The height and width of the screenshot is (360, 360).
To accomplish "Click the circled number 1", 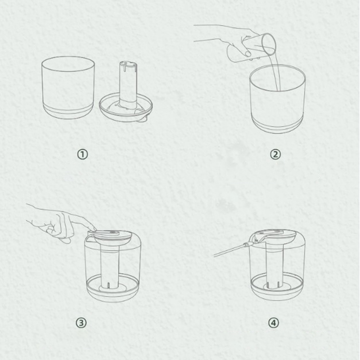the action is click(x=82, y=154).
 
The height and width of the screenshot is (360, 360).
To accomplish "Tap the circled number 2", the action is click(x=275, y=154).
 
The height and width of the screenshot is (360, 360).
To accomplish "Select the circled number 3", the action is click(x=81, y=323).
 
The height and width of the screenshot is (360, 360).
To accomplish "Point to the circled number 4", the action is click(x=274, y=323).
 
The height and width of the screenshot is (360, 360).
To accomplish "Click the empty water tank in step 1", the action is click(x=68, y=87).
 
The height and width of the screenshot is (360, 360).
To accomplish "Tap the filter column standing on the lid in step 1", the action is click(x=128, y=85).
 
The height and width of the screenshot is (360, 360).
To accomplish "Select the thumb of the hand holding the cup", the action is click(x=246, y=53).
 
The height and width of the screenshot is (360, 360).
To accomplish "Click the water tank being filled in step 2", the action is click(x=277, y=99).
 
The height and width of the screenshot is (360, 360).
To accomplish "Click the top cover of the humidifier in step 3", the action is click(x=110, y=237).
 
